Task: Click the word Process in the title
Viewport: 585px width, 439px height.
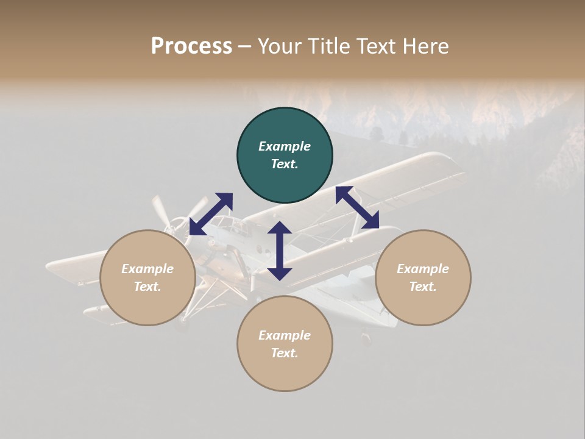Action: click(x=191, y=46)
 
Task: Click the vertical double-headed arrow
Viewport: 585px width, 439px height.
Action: click(x=280, y=251)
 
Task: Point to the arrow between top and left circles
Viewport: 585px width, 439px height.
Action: click(x=211, y=213)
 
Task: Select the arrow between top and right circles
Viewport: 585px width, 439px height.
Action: click(x=357, y=207)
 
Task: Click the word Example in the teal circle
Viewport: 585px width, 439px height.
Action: click(x=285, y=146)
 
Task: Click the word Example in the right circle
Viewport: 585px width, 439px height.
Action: click(x=423, y=269)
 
